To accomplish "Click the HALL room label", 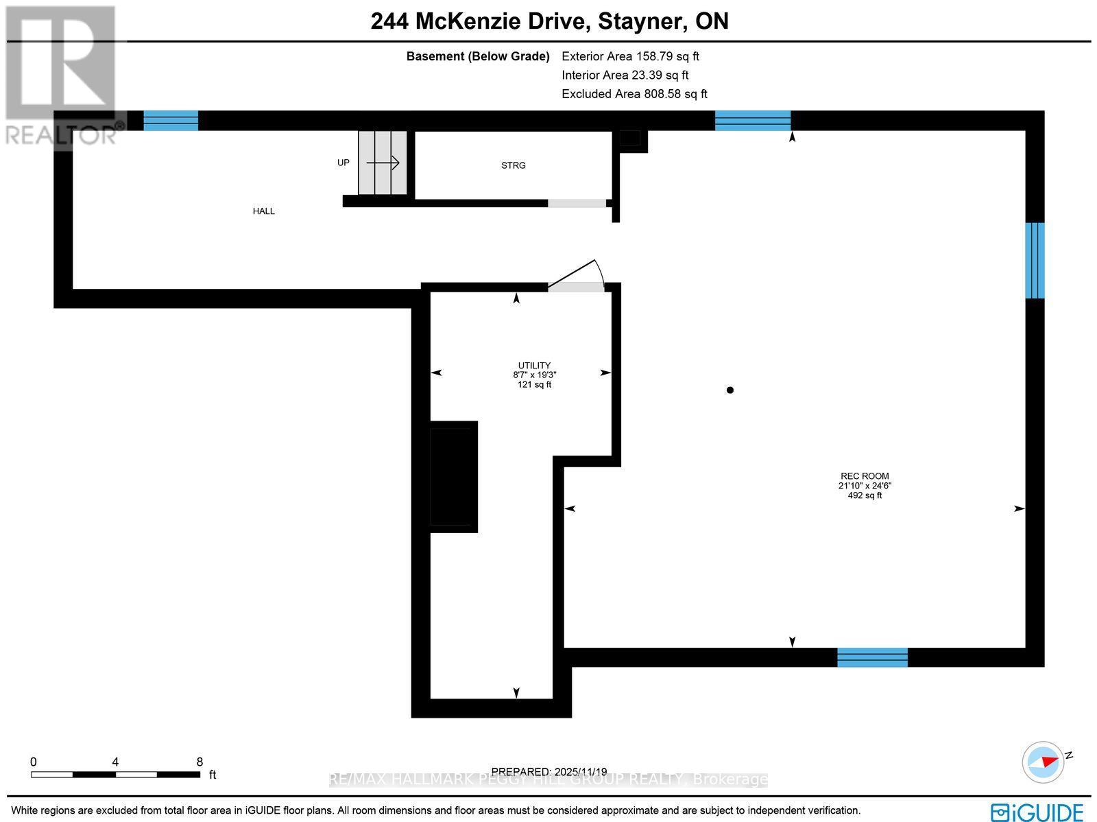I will (x=263, y=211).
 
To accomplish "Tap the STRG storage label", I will (x=513, y=165).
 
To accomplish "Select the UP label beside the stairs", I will (x=343, y=163).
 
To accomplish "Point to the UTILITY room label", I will (x=534, y=366).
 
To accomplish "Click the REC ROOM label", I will (x=865, y=476).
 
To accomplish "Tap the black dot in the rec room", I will (x=730, y=390).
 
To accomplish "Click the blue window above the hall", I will (x=171, y=121).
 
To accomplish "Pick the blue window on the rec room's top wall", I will (x=752, y=121).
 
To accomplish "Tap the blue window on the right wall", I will (x=1035, y=260).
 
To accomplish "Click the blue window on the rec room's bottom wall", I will (x=872, y=657).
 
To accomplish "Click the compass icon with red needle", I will (x=1043, y=762).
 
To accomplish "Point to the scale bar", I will (x=115, y=774).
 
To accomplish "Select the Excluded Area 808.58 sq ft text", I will (x=634, y=94).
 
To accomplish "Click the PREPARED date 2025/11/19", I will (x=549, y=772).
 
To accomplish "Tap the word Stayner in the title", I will (x=641, y=21).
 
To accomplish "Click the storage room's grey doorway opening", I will (x=577, y=203).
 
